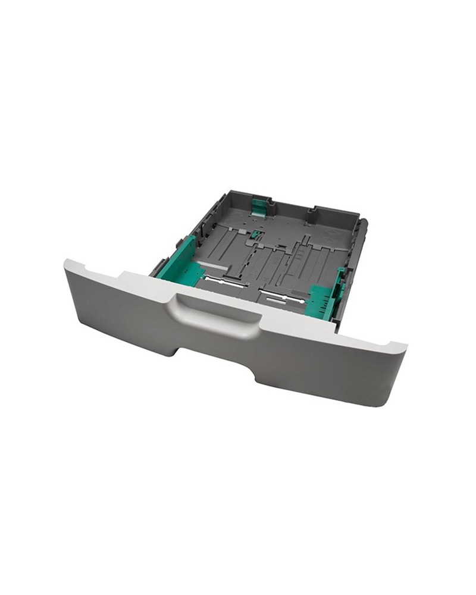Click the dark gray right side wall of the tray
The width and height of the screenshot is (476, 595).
click(355, 262)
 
